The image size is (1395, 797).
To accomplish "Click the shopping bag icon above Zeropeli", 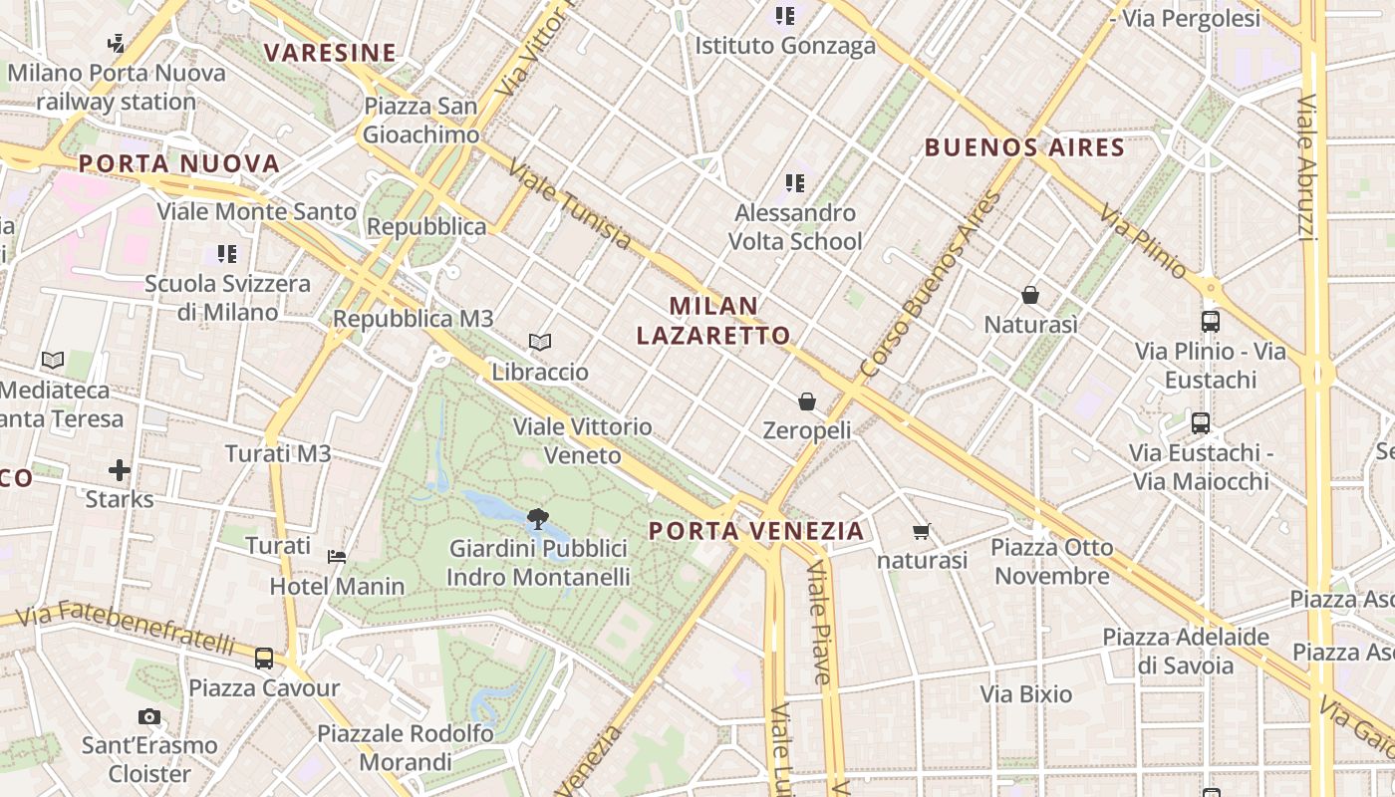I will pos(806,401).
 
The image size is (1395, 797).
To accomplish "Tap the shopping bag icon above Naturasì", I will pos(1030,295).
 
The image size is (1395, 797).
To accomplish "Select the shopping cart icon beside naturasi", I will pos(921,532).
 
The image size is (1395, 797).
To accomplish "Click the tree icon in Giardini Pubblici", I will pos(538,518).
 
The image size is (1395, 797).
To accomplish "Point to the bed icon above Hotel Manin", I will pos(337,556).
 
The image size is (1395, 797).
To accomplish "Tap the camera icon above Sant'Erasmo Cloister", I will pos(149,716).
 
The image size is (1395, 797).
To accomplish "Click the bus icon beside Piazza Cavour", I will pos(264,658).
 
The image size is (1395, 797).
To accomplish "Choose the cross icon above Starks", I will pos(120,469).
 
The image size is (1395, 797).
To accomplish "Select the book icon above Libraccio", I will pos(540,343).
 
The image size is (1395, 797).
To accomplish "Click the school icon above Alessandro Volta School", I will pos(794,182).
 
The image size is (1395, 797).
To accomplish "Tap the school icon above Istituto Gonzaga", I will pos(785,16).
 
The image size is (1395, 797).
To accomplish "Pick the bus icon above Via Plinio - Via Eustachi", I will pos(1211,322).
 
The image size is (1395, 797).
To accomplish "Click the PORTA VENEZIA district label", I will pos(756,531).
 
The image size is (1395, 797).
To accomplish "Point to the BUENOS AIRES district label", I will pos(1024,148).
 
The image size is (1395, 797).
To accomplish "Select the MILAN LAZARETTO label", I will pos(713,321).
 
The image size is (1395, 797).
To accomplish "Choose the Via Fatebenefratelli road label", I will pos(126,626).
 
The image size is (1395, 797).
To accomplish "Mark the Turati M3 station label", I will pos(278,454).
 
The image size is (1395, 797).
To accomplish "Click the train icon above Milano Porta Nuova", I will pos(117,43).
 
